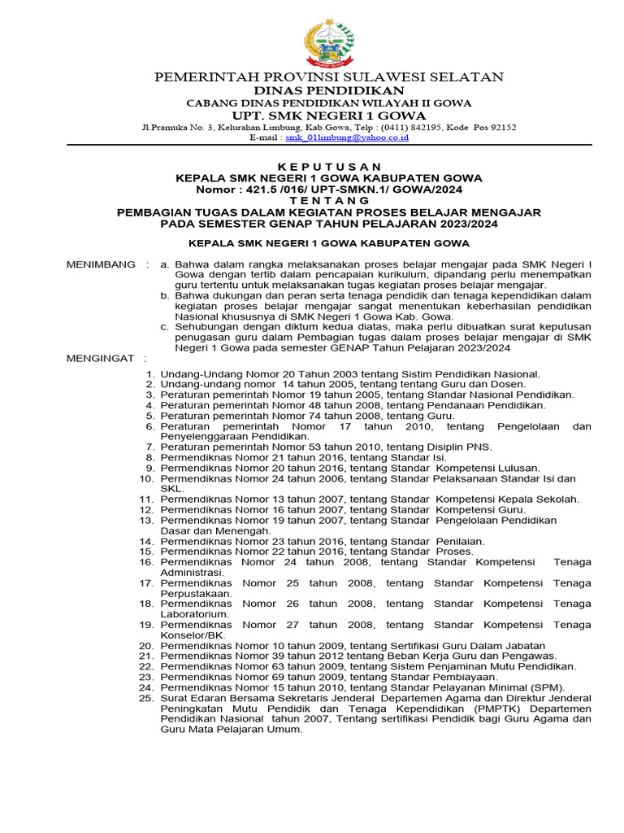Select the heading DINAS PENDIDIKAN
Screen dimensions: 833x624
[329, 89]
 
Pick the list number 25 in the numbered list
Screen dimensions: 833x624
[146, 698]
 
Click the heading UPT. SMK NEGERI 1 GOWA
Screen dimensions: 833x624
[329, 115]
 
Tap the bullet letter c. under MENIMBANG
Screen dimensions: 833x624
[165, 326]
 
